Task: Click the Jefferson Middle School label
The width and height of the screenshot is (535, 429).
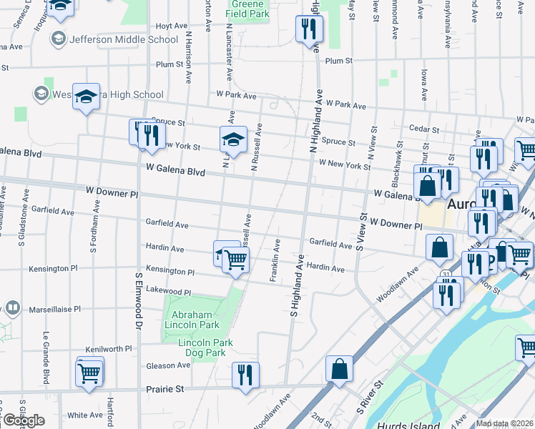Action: (x=123, y=39)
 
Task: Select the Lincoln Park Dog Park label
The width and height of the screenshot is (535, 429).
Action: (x=206, y=348)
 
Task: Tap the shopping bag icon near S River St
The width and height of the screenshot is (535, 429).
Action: (x=339, y=369)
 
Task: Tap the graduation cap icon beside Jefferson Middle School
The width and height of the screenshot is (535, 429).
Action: (x=58, y=38)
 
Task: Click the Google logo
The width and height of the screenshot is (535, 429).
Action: (x=23, y=420)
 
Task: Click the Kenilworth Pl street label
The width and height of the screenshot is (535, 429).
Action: (x=109, y=349)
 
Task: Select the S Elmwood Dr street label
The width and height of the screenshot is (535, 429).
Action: (x=137, y=300)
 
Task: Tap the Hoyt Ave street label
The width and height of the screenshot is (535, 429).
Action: (x=171, y=26)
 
